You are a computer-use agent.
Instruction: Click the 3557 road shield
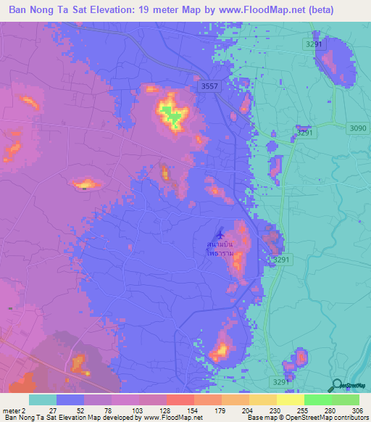pyautogui.click(x=209, y=86)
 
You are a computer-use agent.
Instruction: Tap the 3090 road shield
pyautogui.click(x=358, y=128)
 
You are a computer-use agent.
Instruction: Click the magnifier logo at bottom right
pyautogui.click(x=335, y=386)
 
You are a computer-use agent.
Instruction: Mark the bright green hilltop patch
pyautogui.click(x=172, y=115)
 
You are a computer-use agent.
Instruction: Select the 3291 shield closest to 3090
pyautogui.click(x=305, y=133)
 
